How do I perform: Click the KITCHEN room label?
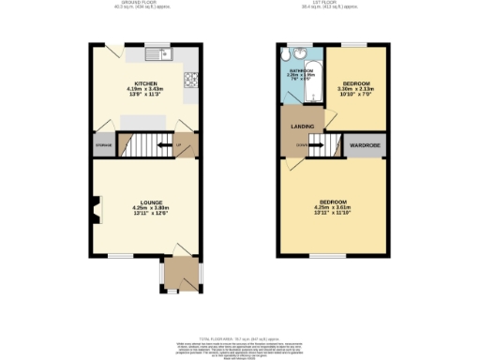pos(144,83)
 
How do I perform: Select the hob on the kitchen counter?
pos(191,80)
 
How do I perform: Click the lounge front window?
pos(119,255)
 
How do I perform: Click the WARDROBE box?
pos(365,146)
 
